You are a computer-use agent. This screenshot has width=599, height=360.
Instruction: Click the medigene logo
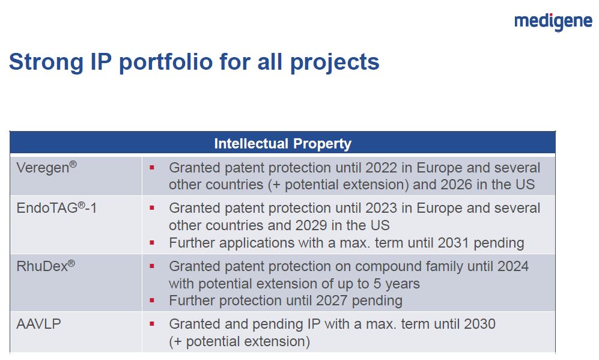coord(553,22)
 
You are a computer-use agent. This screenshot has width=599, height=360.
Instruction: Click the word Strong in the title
coord(46,63)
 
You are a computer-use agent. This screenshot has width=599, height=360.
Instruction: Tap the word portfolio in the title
coord(166,63)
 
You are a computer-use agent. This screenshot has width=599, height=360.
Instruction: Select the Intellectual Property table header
coord(283,144)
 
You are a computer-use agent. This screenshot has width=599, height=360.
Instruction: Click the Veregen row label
coord(47,167)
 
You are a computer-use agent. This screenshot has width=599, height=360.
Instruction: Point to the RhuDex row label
coord(46,266)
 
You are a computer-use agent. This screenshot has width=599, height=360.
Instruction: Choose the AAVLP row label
coord(38,324)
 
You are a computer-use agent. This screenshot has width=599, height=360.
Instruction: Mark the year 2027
coord(332,301)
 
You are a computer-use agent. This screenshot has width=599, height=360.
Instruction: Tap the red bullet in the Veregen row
coord(152,168)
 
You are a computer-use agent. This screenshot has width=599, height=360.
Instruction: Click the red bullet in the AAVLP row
coord(152,324)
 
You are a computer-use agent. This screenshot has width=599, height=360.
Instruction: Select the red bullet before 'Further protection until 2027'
coord(152,301)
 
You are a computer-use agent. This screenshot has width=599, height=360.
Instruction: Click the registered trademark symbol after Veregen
coord(73,164)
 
